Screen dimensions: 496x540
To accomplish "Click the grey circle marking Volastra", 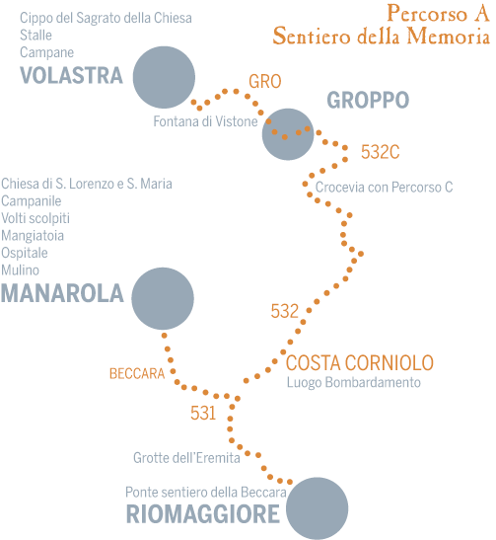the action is pos(164,77).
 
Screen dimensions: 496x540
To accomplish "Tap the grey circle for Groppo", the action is pos(288,134).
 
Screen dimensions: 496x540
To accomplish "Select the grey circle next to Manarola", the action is pos(163,298).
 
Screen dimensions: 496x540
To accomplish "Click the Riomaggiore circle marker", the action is pos(318,508).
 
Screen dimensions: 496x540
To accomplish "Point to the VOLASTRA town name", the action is pos(71,75).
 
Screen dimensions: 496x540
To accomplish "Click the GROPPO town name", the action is pos(368,100).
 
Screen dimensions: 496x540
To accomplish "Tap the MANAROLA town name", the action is pos(62,293).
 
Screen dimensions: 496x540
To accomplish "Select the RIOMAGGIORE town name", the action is pos(203,514).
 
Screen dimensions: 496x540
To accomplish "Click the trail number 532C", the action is pos(380,152).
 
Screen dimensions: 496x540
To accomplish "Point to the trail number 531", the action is pos(203,413).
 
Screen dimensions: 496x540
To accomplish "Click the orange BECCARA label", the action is pos(137,374).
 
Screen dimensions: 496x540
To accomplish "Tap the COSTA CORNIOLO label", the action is pos(360,363).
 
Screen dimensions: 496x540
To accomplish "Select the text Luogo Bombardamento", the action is pos(354,383).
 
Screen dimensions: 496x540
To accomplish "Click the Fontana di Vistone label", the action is pos(205,121).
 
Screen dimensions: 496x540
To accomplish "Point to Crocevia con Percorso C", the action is pos(384,188).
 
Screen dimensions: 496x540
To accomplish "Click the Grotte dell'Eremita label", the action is pos(186,458).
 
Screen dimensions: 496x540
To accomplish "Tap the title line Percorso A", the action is pos(438,14).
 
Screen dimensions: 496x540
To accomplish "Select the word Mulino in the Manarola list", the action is pos(21,270).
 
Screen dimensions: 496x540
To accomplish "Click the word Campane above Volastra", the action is pos(46,52).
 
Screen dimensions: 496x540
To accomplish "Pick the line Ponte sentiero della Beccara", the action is pos(206,493).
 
